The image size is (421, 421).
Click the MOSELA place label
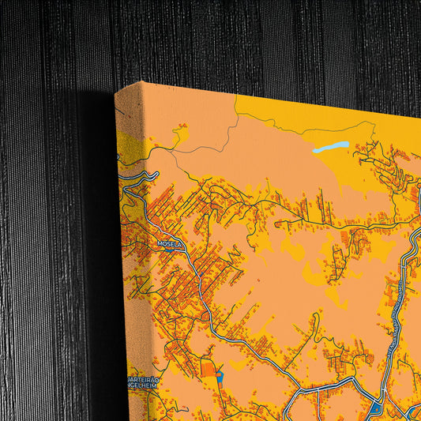pos(170,245)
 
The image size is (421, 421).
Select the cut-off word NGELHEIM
pos(145,386)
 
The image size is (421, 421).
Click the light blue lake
pos(330,147)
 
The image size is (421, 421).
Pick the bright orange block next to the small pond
pos(208,368)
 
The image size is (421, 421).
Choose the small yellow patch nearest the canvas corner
pos(182,127)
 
